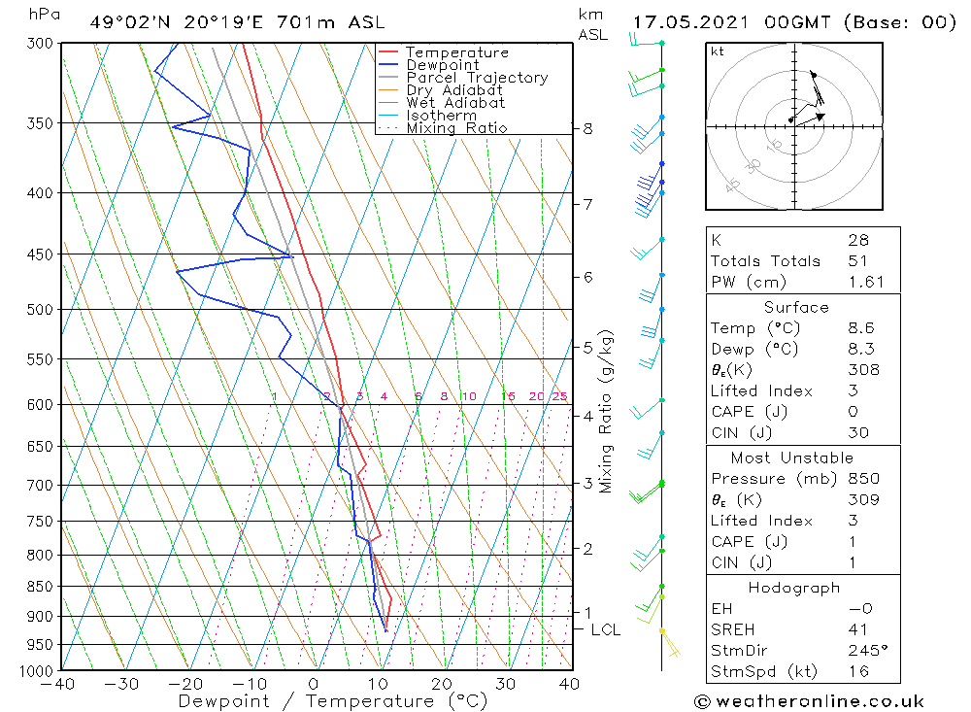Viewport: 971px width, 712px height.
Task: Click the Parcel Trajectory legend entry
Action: click(x=477, y=78)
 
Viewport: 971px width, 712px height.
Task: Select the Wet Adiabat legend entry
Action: click(x=455, y=103)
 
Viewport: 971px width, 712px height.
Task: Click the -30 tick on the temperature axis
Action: click(x=122, y=684)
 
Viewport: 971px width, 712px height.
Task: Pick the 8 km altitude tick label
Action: click(x=587, y=128)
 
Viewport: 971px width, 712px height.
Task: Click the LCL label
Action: click(x=605, y=629)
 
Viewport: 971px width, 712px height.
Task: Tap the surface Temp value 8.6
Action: click(x=860, y=328)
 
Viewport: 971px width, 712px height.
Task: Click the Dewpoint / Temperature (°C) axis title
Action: click(x=333, y=701)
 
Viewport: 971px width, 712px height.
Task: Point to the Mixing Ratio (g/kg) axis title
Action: click(x=606, y=411)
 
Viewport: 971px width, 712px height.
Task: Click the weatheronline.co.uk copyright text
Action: click(x=809, y=701)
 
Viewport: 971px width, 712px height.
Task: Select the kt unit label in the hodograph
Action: click(x=717, y=51)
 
